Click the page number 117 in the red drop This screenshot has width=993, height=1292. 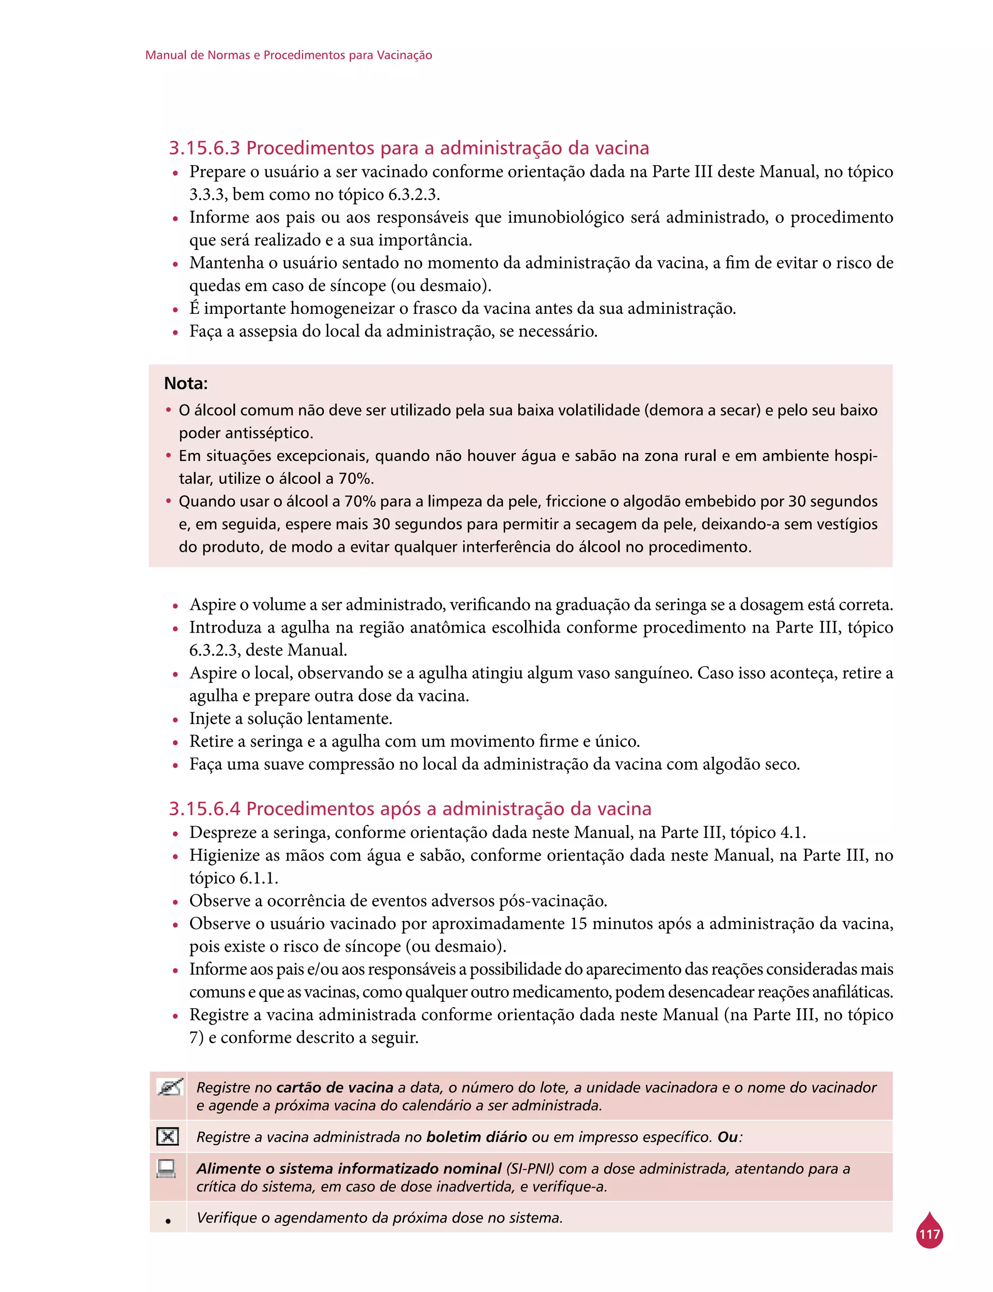(929, 1234)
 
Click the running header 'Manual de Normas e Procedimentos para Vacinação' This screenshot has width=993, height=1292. (288, 55)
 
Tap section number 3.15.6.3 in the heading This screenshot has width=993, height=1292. (205, 148)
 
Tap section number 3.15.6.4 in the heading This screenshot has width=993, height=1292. (205, 808)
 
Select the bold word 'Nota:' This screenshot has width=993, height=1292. (186, 383)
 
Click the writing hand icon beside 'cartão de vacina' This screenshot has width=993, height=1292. (170, 1087)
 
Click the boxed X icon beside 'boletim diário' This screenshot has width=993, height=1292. (168, 1136)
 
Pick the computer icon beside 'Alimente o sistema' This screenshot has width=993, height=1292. (167, 1168)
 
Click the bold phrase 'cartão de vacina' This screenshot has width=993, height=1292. (335, 1087)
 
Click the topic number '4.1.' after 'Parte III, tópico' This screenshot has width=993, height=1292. (792, 833)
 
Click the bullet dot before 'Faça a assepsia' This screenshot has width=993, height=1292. (176, 333)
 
